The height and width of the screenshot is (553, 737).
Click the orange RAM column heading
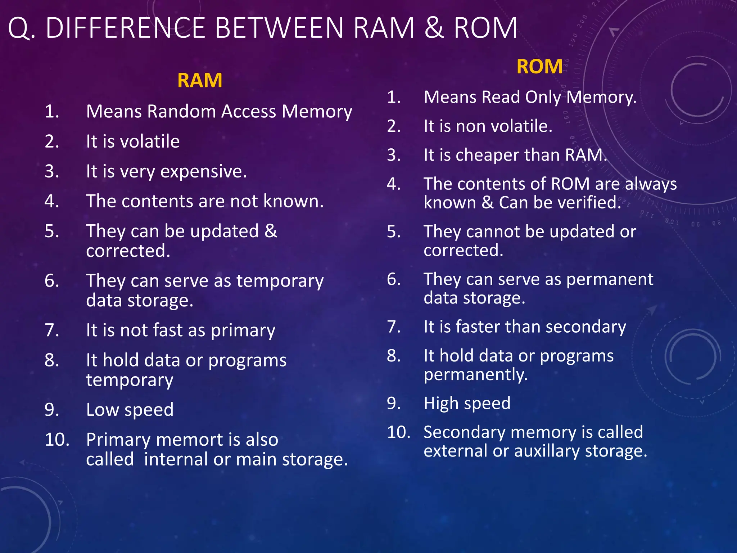pyautogui.click(x=200, y=80)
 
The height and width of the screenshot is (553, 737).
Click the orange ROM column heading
pyautogui.click(x=539, y=67)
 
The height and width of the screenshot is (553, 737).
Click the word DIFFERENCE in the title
pyautogui.click(x=125, y=28)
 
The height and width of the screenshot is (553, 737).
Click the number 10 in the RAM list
pyautogui.click(x=56, y=440)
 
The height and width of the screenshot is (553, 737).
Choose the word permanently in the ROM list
pyautogui.click(x=475, y=375)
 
